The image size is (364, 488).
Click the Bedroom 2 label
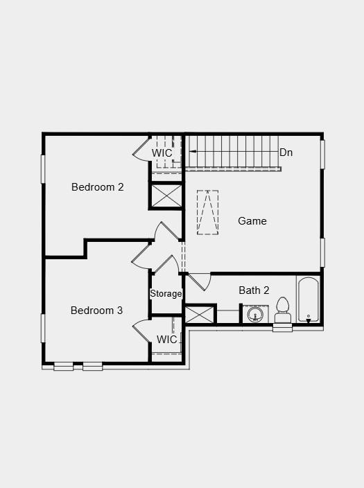(97, 187)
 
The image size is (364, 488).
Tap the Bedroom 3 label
(96, 311)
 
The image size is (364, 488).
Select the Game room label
(252, 221)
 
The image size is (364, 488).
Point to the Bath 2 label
(254, 290)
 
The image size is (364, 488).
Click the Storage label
(166, 294)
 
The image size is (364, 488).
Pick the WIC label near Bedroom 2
(162, 152)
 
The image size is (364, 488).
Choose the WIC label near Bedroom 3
(166, 340)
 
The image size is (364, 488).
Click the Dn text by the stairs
(286, 152)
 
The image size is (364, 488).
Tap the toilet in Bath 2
(282, 309)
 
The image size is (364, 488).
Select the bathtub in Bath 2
(309, 299)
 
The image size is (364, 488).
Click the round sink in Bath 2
(255, 315)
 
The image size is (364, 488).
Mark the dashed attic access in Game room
(207, 213)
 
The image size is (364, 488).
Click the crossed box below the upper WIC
(166, 195)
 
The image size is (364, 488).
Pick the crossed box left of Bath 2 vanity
(200, 314)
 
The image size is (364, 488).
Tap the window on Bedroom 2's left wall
(43, 168)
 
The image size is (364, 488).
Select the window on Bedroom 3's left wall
(43, 328)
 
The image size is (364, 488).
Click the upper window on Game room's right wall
(322, 154)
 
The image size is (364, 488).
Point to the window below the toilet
(282, 329)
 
